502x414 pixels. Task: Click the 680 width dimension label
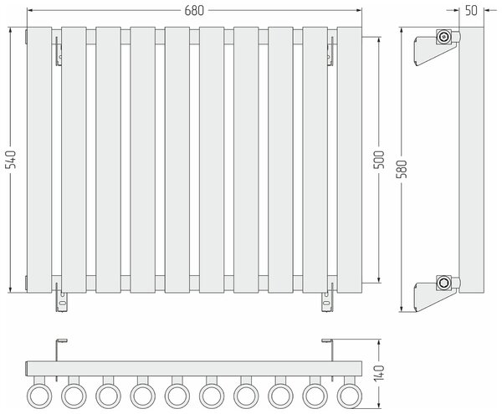[194, 11]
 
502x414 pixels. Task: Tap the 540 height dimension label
[11, 160]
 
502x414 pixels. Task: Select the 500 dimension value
[379, 160]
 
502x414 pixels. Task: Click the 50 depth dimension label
[471, 11]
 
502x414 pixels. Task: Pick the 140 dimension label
[379, 373]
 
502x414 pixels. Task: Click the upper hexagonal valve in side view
[443, 37]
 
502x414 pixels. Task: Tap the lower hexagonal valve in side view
[443, 283]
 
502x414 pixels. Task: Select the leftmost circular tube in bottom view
[39, 396]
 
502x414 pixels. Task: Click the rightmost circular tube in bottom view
[350, 396]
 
